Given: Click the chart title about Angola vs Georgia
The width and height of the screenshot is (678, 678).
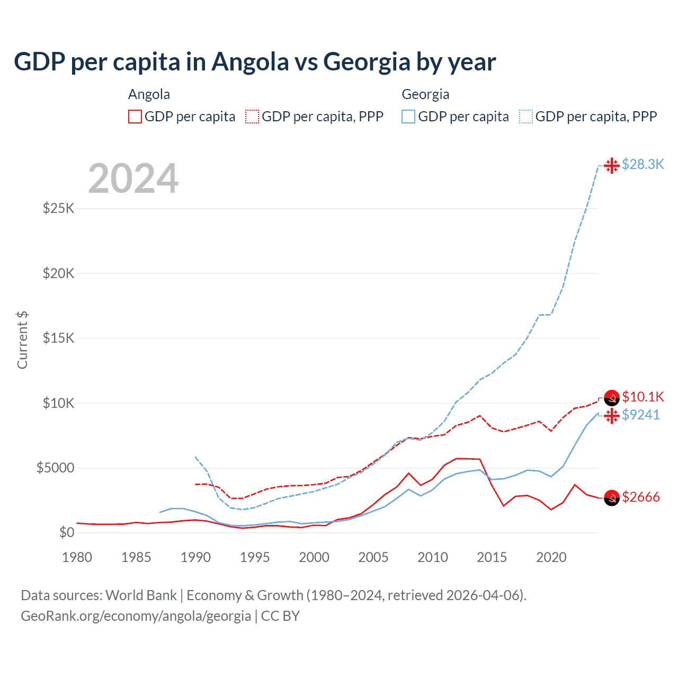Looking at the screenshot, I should (255, 62).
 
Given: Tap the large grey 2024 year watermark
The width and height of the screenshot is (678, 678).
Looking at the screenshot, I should (133, 179).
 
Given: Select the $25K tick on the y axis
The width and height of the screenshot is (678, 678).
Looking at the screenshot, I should (58, 208).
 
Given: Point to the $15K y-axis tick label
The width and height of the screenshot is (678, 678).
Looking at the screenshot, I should (58, 338).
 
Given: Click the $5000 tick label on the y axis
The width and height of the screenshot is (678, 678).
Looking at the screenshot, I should (55, 468).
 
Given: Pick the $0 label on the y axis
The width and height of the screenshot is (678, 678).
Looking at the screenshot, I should (66, 533).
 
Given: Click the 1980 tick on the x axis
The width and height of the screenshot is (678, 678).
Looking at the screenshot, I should (77, 557).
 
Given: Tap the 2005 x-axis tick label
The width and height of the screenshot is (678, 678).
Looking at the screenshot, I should (373, 557).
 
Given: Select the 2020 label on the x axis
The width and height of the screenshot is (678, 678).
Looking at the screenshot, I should (551, 557).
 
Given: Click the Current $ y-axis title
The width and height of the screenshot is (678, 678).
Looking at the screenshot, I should (22, 340).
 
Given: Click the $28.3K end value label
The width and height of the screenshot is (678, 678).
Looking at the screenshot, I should (643, 165).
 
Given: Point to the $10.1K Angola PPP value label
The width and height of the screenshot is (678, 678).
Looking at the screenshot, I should (643, 397).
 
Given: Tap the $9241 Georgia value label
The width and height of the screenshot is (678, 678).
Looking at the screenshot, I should (640, 415).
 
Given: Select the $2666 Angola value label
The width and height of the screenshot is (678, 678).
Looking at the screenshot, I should (640, 497).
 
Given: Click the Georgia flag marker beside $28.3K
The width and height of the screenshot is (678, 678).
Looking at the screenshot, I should (612, 165).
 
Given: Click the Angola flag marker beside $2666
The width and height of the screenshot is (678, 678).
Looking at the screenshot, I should (612, 498).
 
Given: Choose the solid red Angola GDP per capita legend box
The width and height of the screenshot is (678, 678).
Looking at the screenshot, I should (135, 117).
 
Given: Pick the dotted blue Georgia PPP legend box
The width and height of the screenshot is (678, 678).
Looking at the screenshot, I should (526, 117).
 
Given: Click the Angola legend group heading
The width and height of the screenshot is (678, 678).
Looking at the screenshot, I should (149, 94).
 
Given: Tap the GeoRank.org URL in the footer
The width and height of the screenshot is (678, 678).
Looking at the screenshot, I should (136, 616).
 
